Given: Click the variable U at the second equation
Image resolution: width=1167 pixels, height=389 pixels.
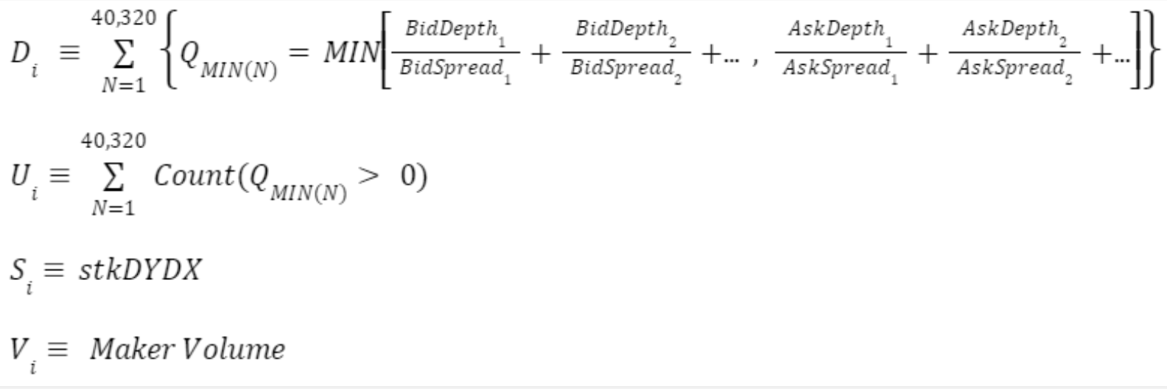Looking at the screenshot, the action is pyautogui.click(x=20, y=175).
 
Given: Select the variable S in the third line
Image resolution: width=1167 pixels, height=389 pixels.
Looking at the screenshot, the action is pyautogui.click(x=18, y=270).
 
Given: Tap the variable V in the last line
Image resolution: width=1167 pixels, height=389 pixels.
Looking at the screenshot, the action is pyautogui.click(x=18, y=348).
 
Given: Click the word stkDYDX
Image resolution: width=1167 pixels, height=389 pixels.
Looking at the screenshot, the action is pyautogui.click(x=140, y=270).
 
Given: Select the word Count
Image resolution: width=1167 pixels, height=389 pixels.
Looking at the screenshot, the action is pyautogui.click(x=193, y=175).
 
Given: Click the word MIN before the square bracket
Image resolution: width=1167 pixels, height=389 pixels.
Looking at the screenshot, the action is pyautogui.click(x=351, y=52).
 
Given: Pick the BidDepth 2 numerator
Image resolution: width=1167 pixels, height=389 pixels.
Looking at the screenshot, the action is pyautogui.click(x=623, y=30).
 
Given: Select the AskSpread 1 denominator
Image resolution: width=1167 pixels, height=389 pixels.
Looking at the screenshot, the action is pyautogui.click(x=837, y=69).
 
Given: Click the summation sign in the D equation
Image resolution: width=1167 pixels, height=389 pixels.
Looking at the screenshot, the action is pyautogui.click(x=123, y=53).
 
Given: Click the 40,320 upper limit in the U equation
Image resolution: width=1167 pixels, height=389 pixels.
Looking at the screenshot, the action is pyautogui.click(x=113, y=140).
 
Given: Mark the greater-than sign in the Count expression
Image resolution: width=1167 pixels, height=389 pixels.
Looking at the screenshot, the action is pyautogui.click(x=368, y=175).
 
